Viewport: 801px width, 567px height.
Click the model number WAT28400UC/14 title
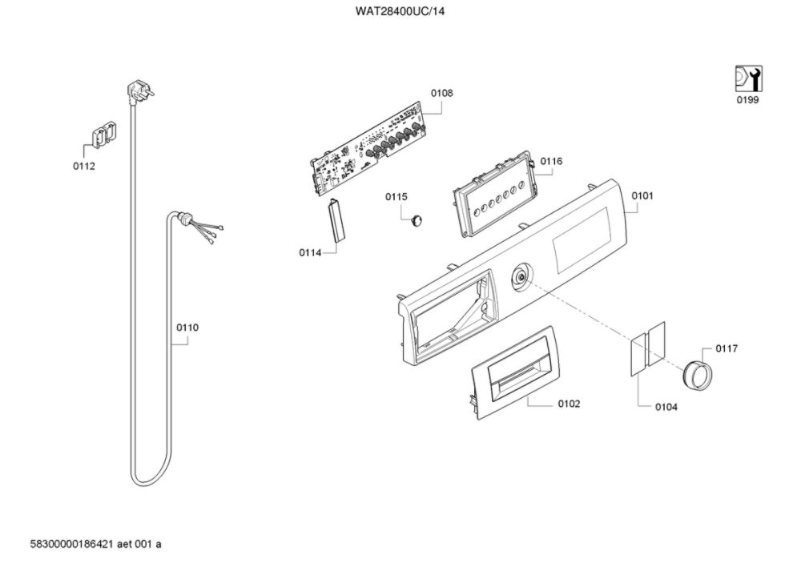coord(400,11)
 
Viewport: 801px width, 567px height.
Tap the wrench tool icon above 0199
coord(748,78)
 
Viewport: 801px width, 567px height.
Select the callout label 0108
coord(441,93)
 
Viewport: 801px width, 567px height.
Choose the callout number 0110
coord(187,328)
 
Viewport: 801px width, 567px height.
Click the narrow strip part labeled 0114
coord(336,219)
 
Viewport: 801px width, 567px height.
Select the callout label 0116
coord(551,162)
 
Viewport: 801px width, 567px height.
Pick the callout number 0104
coord(666,407)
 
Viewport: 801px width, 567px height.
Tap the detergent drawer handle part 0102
coord(515,372)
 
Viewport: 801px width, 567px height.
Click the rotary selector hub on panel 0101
coord(520,277)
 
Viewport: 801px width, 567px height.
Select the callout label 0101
coord(642,195)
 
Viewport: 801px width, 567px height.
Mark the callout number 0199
coord(747,100)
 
